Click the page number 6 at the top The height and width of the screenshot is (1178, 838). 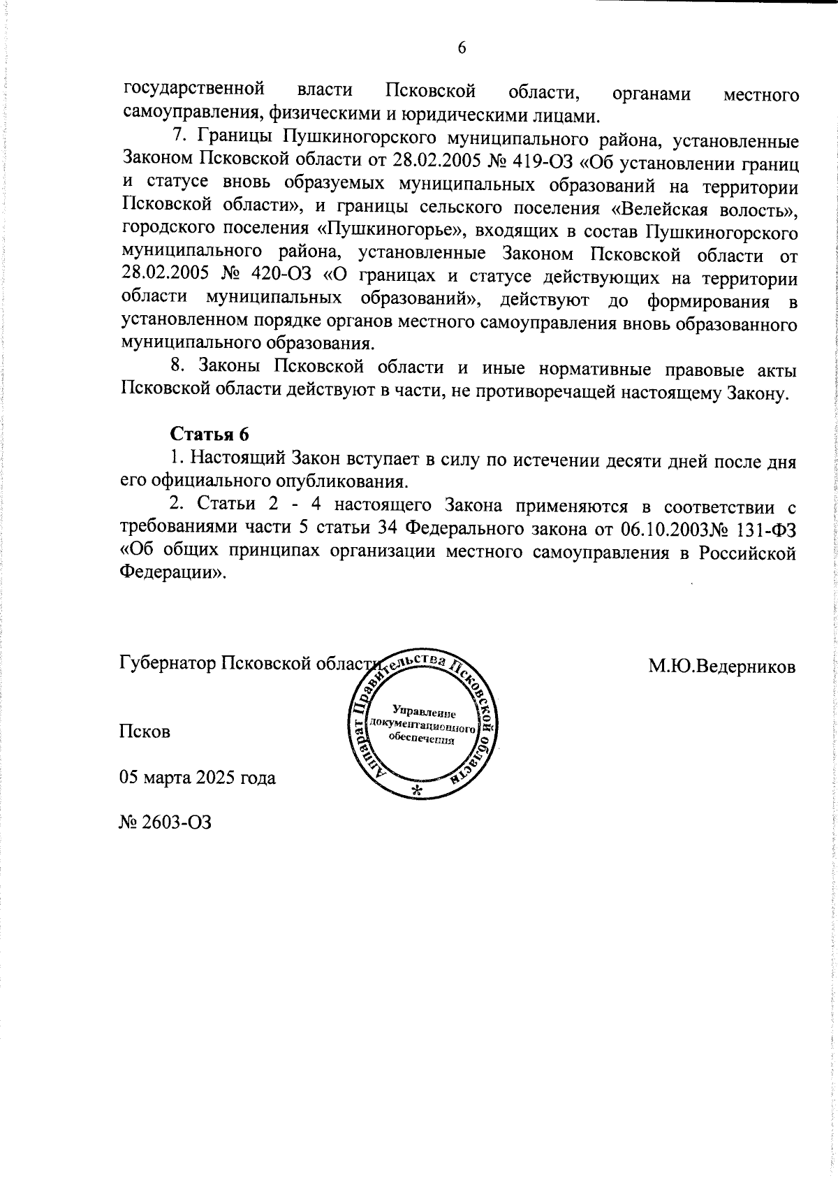point(461,48)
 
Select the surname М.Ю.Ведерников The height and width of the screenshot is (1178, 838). point(722,666)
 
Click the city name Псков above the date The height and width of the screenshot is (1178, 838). point(145,732)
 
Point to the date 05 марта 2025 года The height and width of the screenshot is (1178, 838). point(198,777)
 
